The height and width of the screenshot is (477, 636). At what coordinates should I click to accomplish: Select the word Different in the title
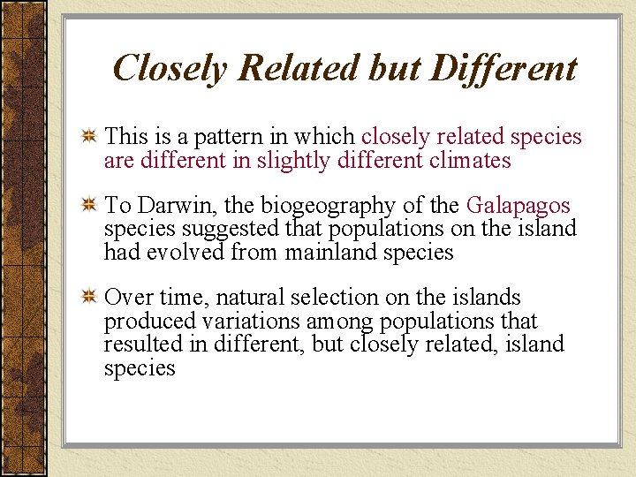click(x=503, y=68)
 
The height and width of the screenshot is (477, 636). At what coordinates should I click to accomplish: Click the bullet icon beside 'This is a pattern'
click(x=88, y=138)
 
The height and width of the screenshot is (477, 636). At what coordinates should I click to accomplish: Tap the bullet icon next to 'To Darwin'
click(x=88, y=207)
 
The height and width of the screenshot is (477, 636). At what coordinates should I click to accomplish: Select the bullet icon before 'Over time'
click(x=88, y=299)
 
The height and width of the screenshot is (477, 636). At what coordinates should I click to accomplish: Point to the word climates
click(x=468, y=161)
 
